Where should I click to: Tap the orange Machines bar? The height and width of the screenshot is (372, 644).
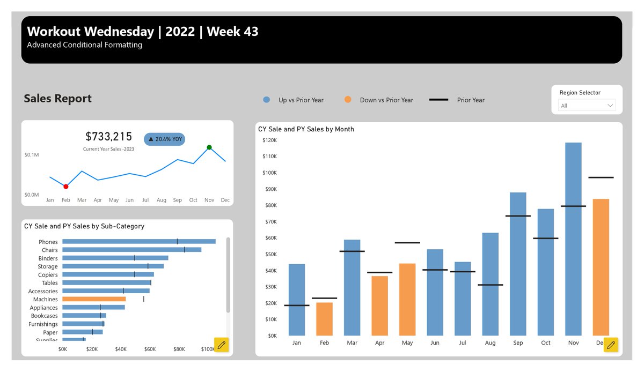pyautogui.click(x=94, y=299)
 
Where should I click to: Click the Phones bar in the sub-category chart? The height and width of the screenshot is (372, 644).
pyautogui.click(x=138, y=242)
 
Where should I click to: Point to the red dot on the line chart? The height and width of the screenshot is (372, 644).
pyautogui.click(x=66, y=187)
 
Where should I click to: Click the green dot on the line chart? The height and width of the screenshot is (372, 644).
pyautogui.click(x=209, y=147)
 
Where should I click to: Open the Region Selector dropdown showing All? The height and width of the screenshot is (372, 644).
pyautogui.click(x=587, y=106)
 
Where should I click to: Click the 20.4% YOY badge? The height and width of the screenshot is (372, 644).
pyautogui.click(x=165, y=139)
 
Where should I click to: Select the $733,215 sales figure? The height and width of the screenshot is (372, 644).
pyautogui.click(x=109, y=137)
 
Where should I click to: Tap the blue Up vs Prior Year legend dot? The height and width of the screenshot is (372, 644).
pyautogui.click(x=267, y=100)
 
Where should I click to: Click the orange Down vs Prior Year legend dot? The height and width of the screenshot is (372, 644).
pyautogui.click(x=348, y=100)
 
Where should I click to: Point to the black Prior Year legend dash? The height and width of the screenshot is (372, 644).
pyautogui.click(x=438, y=100)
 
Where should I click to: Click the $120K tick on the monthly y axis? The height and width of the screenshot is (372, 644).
pyautogui.click(x=269, y=140)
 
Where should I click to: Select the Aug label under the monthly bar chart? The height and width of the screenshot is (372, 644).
pyautogui.click(x=490, y=343)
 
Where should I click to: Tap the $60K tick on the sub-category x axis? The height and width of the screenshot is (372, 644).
pyautogui.click(x=150, y=349)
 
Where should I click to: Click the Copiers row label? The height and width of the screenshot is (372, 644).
pyautogui.click(x=48, y=275)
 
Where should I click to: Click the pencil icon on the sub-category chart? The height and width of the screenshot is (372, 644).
pyautogui.click(x=221, y=345)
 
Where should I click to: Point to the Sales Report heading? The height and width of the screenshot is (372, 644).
pyautogui.click(x=58, y=99)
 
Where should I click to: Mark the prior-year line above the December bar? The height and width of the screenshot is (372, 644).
pyautogui.click(x=601, y=177)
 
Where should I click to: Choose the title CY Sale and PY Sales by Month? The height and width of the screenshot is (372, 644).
pyautogui.click(x=306, y=129)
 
